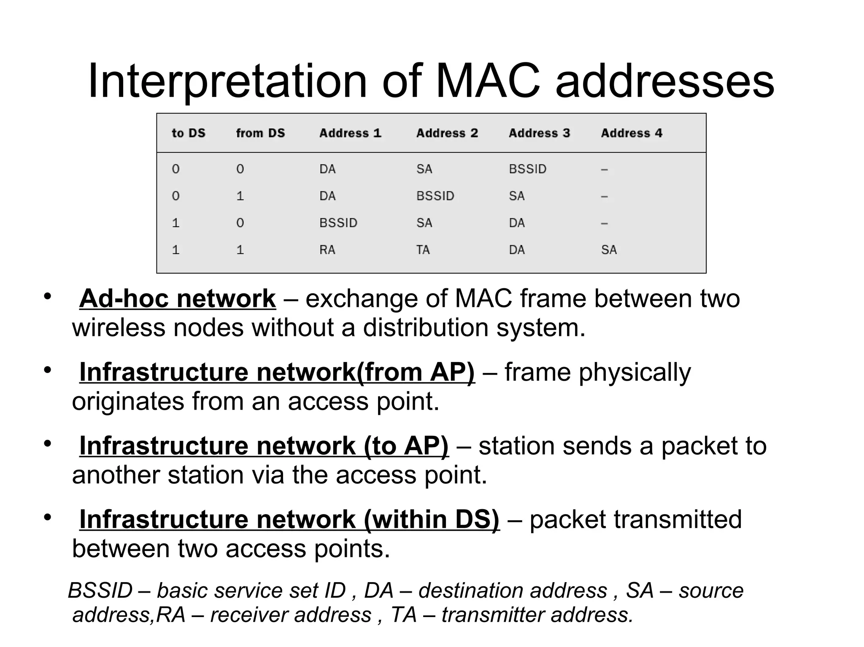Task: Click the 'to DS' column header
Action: tap(188, 133)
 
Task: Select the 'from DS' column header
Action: tap(260, 133)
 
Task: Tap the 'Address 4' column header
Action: tap(632, 133)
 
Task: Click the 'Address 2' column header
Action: tap(447, 133)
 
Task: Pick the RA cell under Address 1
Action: tap(327, 250)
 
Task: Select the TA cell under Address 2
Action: tap(423, 250)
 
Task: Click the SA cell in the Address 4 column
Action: tap(609, 250)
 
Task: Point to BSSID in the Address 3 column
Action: tap(527, 169)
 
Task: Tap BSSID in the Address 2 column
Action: tap(435, 196)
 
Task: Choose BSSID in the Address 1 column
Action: tap(338, 223)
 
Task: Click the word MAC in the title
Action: tap(488, 81)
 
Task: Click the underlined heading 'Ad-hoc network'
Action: tap(177, 299)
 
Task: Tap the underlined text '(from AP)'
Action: tap(416, 373)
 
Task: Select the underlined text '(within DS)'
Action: tap(431, 519)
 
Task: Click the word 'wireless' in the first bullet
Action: tap(119, 328)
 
